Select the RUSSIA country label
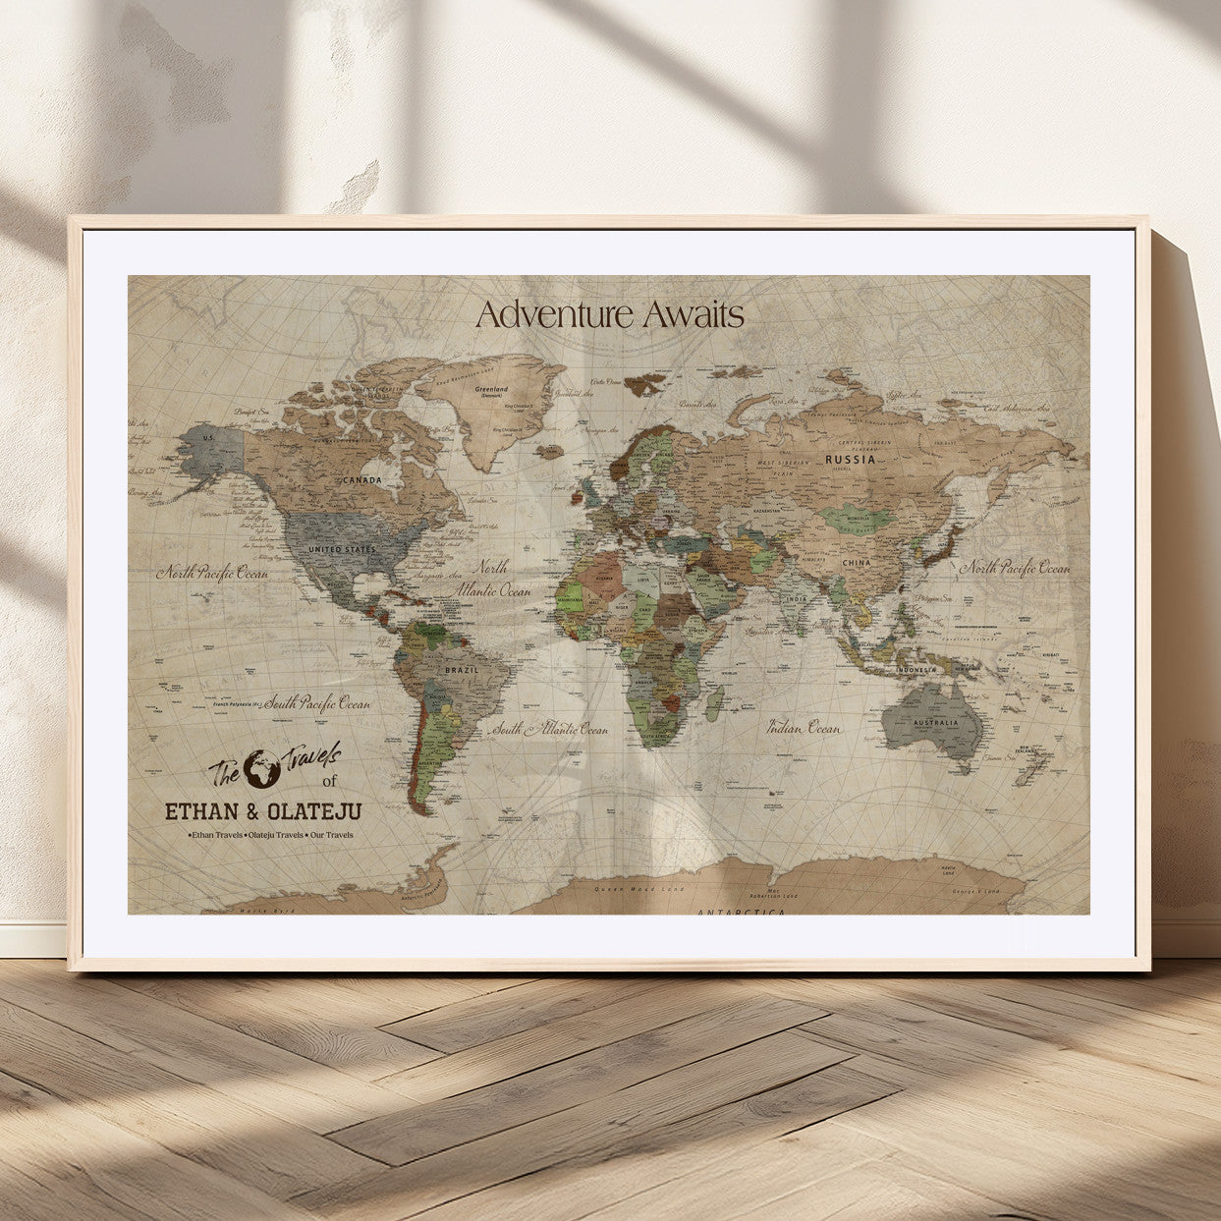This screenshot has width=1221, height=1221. pyautogui.click(x=850, y=459)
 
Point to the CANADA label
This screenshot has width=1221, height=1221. pyautogui.click(x=361, y=479)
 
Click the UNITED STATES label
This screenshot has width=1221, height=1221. pyautogui.click(x=342, y=549)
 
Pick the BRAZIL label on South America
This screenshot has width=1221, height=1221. pyautogui.click(x=462, y=670)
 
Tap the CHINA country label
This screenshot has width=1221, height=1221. pyautogui.click(x=856, y=563)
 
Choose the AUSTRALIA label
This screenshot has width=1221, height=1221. pyautogui.click(x=935, y=723)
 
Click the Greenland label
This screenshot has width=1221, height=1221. pyautogui.click(x=491, y=389)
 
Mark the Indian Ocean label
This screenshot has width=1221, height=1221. pyautogui.click(x=804, y=728)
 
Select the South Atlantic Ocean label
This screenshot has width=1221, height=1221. pyautogui.click(x=550, y=730)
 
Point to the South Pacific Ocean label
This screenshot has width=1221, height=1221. pyautogui.click(x=316, y=702)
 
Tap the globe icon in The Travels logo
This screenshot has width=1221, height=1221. pyautogui.click(x=262, y=769)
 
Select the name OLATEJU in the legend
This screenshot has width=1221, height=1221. pyautogui.click(x=313, y=811)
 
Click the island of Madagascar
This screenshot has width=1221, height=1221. pyautogui.click(x=715, y=700)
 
